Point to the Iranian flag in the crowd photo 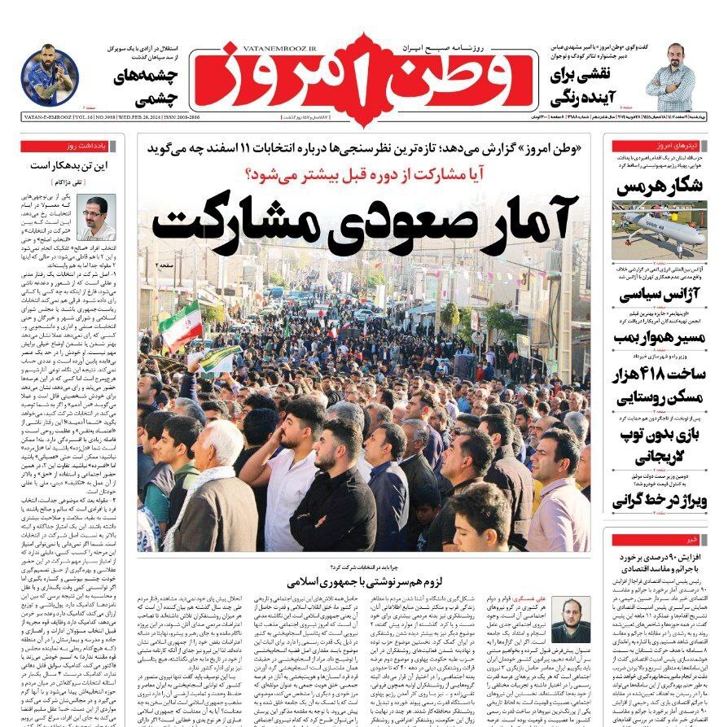pos(181,325)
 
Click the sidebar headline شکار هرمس pos(660,186)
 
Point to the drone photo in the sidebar pos(659,230)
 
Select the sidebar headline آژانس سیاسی pos(660,295)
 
